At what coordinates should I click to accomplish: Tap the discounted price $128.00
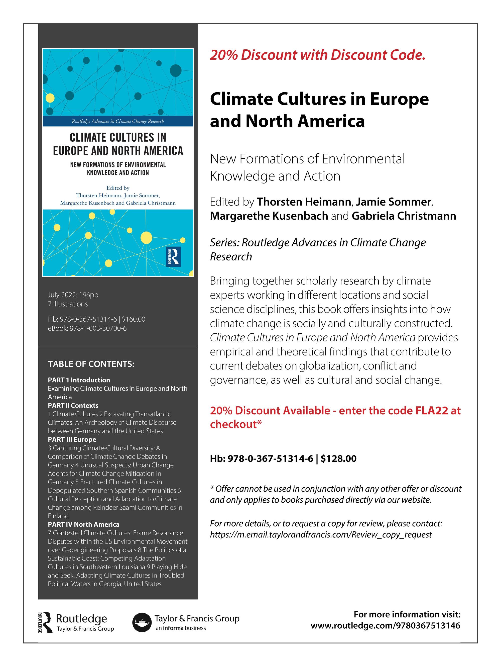(338, 458)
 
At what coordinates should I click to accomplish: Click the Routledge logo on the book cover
(173, 256)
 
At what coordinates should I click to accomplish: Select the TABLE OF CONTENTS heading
(91, 364)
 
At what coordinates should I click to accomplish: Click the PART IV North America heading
(83, 524)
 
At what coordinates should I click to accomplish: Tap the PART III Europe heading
(72, 439)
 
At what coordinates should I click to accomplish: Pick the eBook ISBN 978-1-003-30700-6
(87, 328)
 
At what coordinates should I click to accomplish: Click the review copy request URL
(321, 535)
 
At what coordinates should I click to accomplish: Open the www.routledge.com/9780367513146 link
(385, 626)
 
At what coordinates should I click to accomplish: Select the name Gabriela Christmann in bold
(404, 216)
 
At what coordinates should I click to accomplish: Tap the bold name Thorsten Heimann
(304, 202)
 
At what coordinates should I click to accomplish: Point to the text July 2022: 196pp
(73, 295)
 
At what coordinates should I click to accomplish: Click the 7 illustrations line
(68, 304)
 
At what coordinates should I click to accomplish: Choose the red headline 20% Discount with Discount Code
(317, 55)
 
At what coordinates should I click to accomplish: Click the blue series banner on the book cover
(118, 121)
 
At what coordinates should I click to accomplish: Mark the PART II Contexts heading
(73, 405)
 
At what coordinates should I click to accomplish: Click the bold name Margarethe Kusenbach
(269, 216)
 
